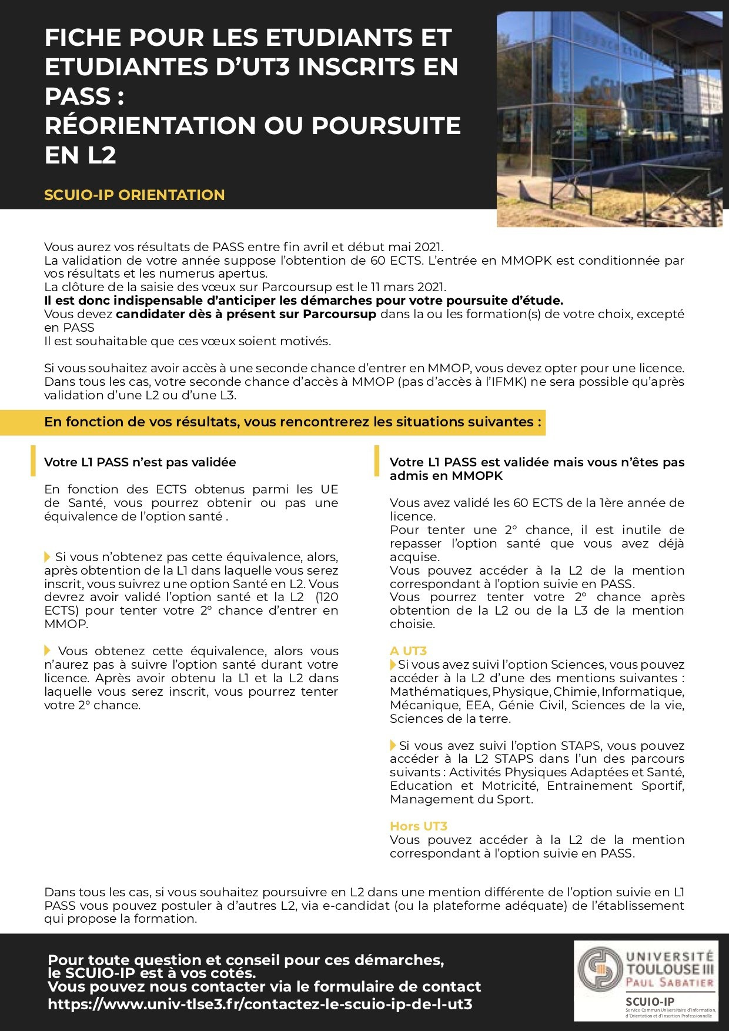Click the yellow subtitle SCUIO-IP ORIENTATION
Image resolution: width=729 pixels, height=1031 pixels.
coord(134,195)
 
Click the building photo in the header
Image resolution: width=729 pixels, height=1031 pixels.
coord(609,119)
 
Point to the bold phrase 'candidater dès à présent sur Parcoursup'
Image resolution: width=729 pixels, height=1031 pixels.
coord(246,314)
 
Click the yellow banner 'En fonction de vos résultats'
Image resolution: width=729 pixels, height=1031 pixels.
coord(293,422)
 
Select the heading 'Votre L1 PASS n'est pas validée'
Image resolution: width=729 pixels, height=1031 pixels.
coord(140,462)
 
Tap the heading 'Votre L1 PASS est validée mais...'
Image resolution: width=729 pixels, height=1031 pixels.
coord(537,469)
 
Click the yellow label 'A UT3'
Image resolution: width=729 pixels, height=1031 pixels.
coord(408,650)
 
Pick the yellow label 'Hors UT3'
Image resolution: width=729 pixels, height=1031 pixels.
coord(418,826)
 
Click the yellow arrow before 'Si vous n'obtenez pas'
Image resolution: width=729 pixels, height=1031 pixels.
coord(48,556)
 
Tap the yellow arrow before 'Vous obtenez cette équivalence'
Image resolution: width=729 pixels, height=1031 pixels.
coord(48,650)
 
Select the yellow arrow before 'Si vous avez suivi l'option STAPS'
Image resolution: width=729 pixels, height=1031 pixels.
coord(393,745)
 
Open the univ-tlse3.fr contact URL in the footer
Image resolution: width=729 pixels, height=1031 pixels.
coord(260,1004)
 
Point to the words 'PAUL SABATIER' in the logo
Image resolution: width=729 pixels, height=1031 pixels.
coord(670,982)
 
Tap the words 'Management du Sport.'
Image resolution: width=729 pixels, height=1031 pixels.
coord(461,799)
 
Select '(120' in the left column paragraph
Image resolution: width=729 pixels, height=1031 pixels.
coord(327,597)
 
